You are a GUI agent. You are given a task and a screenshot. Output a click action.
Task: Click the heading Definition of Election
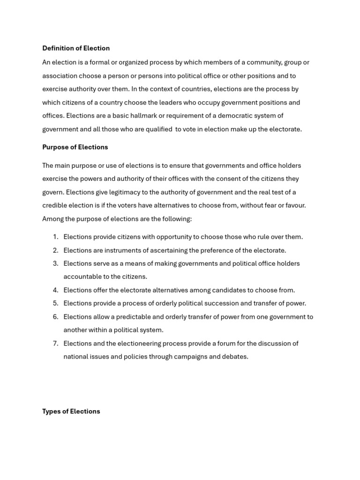coord(76,48)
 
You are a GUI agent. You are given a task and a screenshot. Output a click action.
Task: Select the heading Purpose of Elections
coord(75,147)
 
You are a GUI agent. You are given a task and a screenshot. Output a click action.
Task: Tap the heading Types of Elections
coord(71,412)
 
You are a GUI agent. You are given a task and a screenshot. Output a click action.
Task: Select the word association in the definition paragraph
coord(60,76)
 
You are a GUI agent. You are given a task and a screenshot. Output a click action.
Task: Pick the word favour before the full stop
coord(293,205)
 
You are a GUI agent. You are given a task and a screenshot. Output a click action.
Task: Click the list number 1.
coord(55,237)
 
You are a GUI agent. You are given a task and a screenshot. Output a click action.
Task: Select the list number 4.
coord(55,290)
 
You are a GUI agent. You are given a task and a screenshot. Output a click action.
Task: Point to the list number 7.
coord(55,344)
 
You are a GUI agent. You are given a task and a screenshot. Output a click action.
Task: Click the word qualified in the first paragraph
coord(157,129)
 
